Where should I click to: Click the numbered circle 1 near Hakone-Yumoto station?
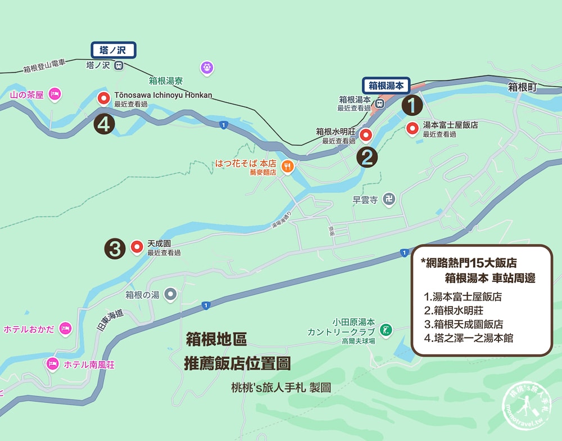[x=412, y=105]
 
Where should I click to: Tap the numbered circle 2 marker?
[x=366, y=157]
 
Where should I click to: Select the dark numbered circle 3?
[x=115, y=249]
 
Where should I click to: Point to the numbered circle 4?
[x=105, y=124]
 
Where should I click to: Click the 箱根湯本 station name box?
[x=387, y=86]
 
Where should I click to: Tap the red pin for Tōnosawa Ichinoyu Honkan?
[x=104, y=99]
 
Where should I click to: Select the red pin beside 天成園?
[x=137, y=247]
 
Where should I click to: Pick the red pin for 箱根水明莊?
[x=366, y=135]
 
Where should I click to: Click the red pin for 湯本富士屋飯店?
[x=412, y=129]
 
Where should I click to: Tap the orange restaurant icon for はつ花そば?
[x=287, y=166]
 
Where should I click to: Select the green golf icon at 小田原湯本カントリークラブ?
[x=385, y=328]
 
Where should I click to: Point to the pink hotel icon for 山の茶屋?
[x=54, y=93]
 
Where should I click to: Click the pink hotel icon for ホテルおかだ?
[x=66, y=328]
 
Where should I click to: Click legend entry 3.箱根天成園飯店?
[x=464, y=325]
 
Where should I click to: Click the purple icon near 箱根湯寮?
[x=207, y=68]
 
